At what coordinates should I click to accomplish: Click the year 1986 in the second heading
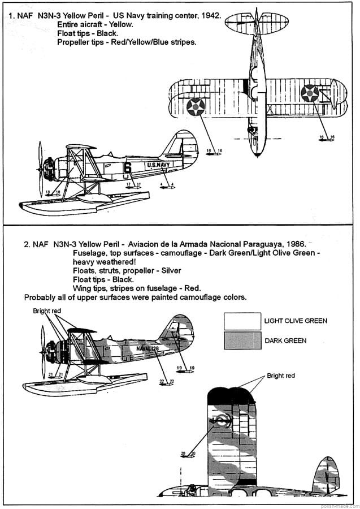[295, 244]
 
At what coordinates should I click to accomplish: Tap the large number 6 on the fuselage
[127, 167]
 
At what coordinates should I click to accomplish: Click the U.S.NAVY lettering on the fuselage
[158, 165]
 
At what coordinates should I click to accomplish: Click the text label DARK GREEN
[285, 341]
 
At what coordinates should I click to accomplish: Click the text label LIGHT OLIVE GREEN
[296, 321]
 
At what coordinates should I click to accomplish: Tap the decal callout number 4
[167, 184]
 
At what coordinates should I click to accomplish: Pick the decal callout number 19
[183, 368]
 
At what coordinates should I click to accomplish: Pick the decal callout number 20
[188, 453]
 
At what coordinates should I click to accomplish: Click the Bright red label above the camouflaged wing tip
[281, 376]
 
